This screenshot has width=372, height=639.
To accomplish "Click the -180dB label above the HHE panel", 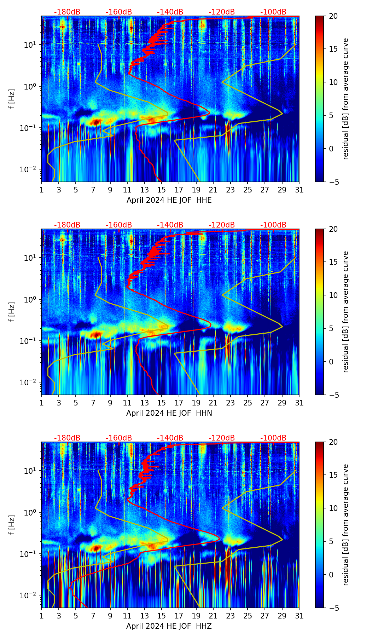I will [67, 12].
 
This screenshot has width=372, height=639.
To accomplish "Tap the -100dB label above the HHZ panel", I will [273, 438].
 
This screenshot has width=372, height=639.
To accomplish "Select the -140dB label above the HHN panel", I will [170, 225].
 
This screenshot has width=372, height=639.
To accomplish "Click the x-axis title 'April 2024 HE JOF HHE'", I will [169, 200].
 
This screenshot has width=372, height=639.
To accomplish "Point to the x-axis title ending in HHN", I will [169, 413].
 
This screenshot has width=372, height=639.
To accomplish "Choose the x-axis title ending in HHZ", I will [169, 626].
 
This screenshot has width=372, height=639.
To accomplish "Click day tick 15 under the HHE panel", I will [162, 190].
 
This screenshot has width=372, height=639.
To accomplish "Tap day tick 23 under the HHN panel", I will [231, 403].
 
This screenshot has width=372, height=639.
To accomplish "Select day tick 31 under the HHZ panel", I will [299, 616].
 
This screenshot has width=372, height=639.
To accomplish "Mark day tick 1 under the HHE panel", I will [41, 190].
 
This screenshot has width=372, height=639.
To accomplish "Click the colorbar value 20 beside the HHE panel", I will [333, 16].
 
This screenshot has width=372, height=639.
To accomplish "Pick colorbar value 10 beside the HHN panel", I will [333, 295].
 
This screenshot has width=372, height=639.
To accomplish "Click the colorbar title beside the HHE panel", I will [345, 99].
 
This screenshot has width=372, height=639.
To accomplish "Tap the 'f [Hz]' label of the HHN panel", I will [12, 312].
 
